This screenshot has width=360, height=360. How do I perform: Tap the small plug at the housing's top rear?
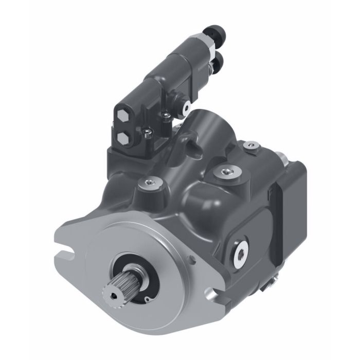pos(251,147)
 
